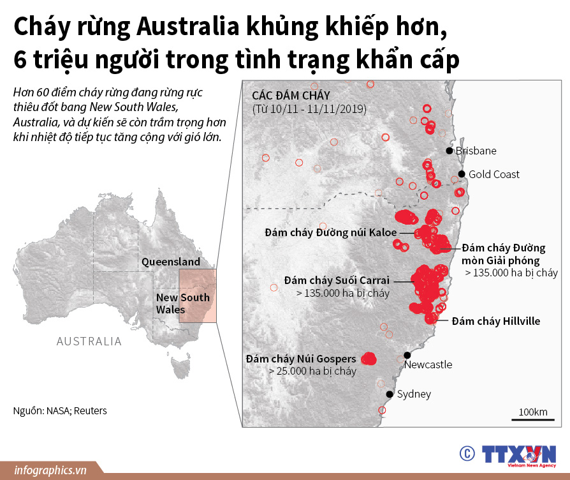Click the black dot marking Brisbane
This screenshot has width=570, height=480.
click(x=449, y=151)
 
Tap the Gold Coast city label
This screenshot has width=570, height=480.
click(x=494, y=174)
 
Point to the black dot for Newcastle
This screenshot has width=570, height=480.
click(x=407, y=354)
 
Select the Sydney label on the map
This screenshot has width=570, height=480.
click(x=414, y=394)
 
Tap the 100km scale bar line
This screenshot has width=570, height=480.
click(x=532, y=419)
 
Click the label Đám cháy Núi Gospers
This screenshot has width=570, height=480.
click(x=302, y=359)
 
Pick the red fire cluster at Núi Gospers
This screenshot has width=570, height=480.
click(x=369, y=359)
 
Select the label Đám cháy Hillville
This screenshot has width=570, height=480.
click(x=495, y=321)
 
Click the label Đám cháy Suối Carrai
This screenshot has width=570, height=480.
click(x=338, y=280)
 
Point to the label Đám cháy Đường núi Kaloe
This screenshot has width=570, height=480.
click(x=331, y=233)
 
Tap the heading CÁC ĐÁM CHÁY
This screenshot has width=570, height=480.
click(x=288, y=95)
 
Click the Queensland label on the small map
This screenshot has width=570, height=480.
click(x=171, y=262)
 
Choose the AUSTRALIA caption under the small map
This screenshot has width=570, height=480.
click(x=89, y=341)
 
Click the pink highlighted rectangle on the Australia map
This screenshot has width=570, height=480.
click(x=198, y=295)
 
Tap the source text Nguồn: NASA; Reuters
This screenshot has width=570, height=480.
click(x=60, y=410)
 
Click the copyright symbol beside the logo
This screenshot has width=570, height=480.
click(x=467, y=453)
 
